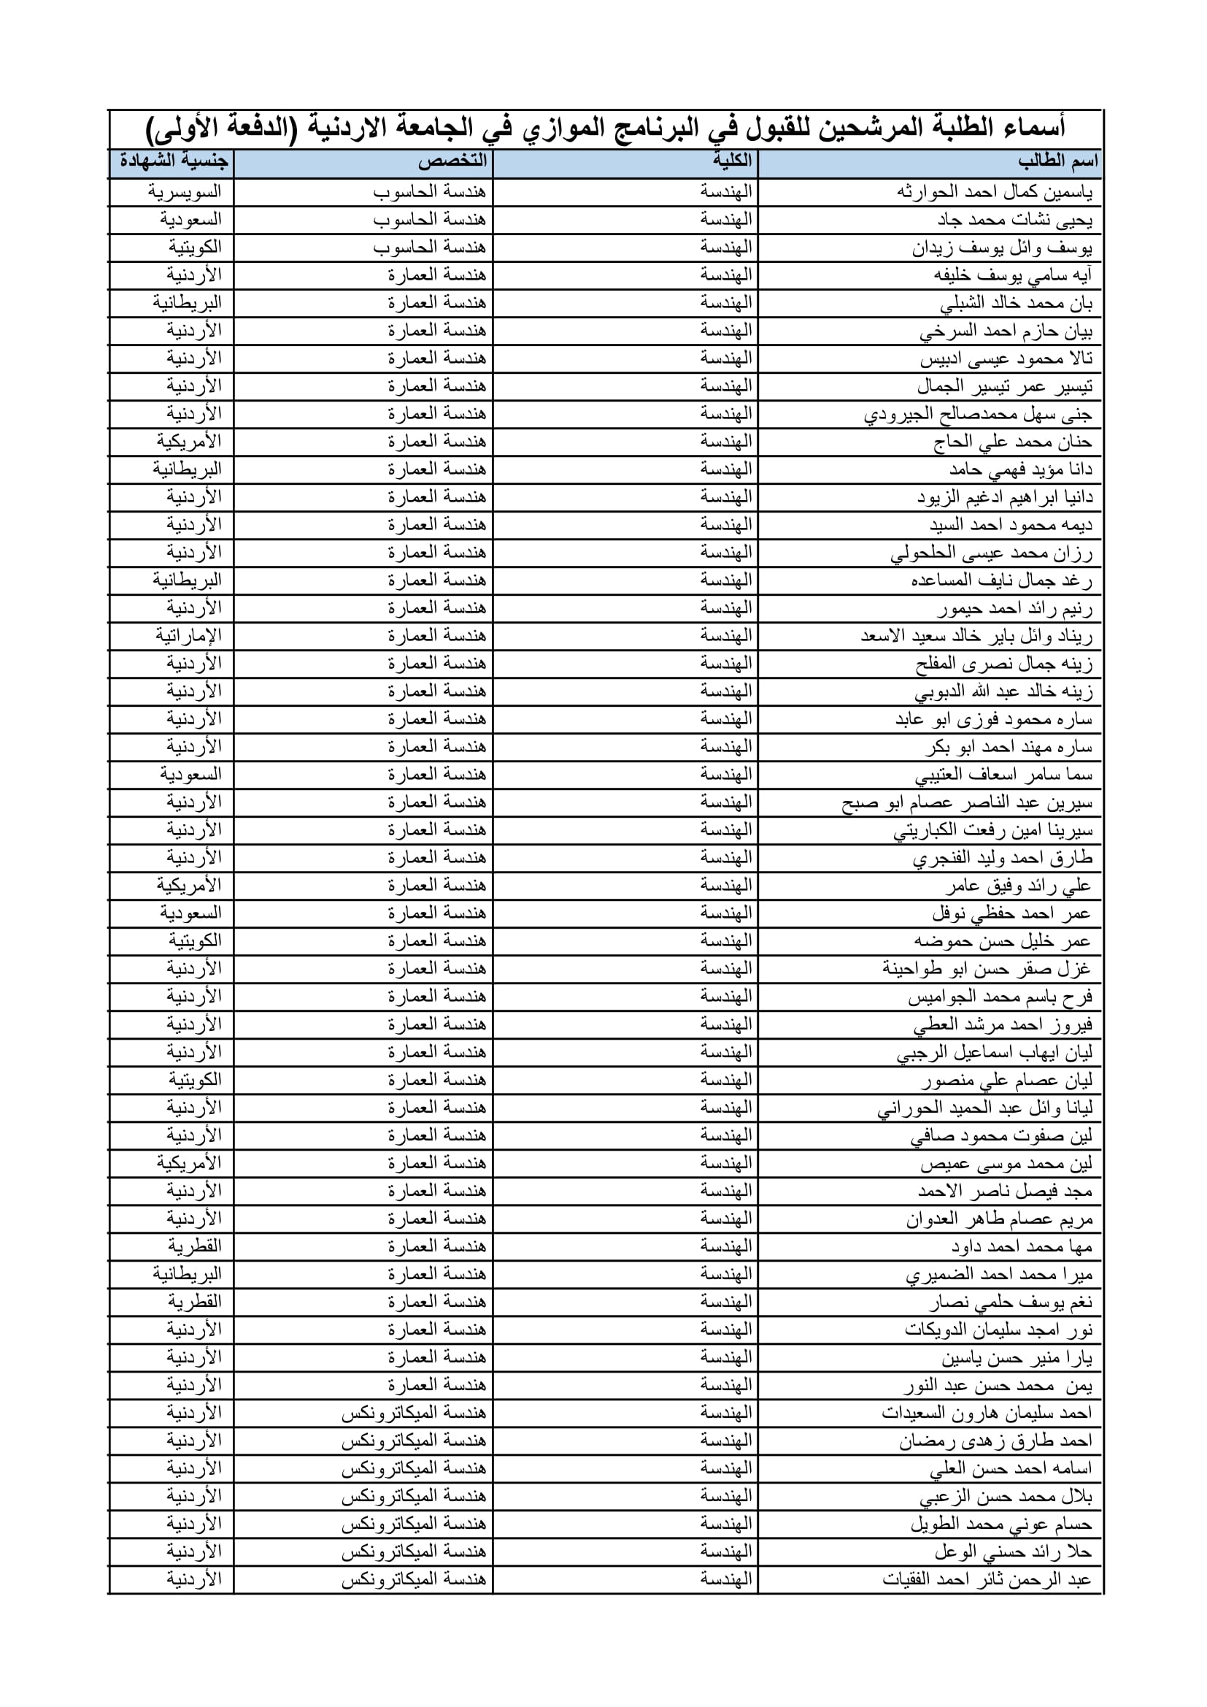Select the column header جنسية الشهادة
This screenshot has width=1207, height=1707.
point(174,161)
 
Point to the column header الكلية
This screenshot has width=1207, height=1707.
point(731,161)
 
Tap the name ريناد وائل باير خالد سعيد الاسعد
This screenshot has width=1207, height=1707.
point(976,637)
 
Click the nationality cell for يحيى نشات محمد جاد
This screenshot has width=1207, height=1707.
point(190,220)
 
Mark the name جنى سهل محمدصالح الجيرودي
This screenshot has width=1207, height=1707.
point(978,414)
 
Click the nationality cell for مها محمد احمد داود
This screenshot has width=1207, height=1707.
point(194,1247)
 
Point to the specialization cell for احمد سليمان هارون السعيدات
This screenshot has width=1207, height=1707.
point(413,1413)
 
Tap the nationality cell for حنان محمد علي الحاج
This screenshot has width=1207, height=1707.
point(189,442)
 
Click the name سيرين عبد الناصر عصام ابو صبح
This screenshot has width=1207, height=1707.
point(967,803)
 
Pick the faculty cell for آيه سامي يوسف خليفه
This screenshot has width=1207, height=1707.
point(725,275)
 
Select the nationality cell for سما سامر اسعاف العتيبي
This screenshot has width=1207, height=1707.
point(190,775)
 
